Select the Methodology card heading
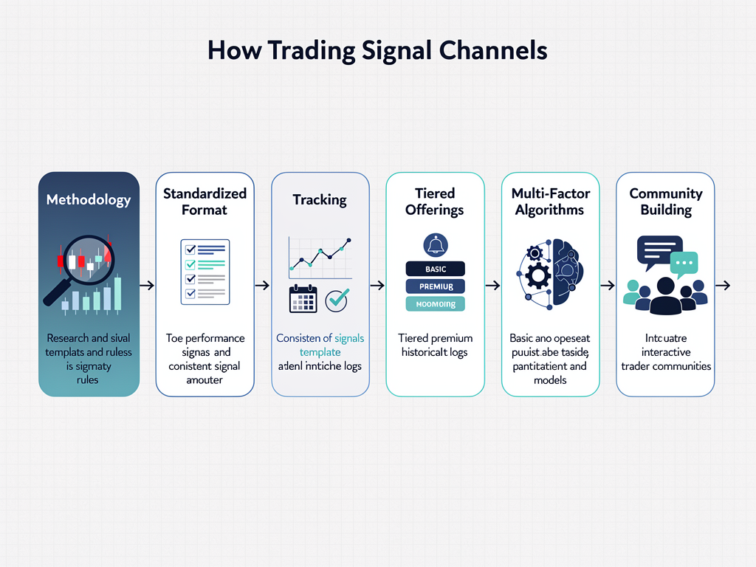tap(88, 200)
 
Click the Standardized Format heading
tap(205, 202)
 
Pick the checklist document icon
tap(205, 272)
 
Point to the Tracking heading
tap(320, 200)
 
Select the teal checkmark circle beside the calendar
tap(337, 299)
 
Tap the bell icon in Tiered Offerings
tap(435, 245)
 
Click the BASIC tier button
tap(436, 269)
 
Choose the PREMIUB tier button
tap(436, 286)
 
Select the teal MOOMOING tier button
tap(436, 304)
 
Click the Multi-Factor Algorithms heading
tap(550, 202)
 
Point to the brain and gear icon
tap(550, 272)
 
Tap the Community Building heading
tap(665, 202)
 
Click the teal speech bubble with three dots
tap(684, 264)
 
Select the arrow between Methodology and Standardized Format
tap(147, 285)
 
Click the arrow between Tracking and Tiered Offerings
tap(377, 285)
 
